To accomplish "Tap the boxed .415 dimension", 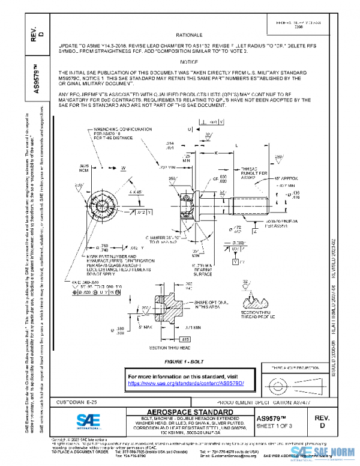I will pos(186,339).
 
